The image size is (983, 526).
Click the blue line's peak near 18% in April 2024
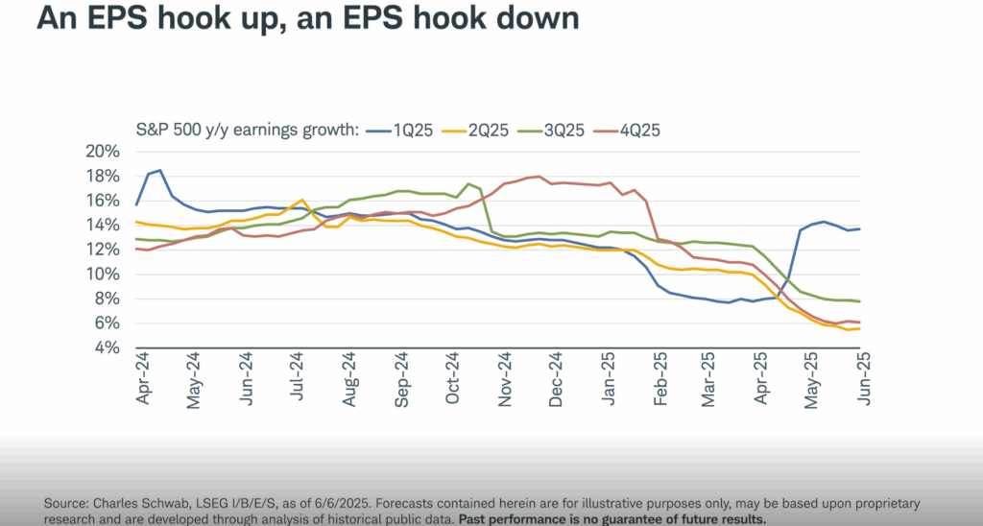(x=159, y=171)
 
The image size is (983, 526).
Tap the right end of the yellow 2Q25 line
(x=857, y=329)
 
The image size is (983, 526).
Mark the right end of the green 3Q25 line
(x=857, y=301)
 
